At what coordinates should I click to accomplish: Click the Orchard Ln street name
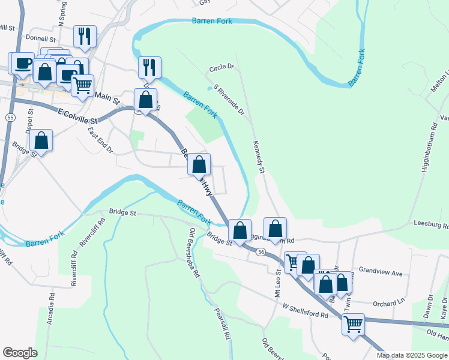point(389,303)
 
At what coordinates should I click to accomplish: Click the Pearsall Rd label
point(223,324)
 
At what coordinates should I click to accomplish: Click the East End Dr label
point(100,140)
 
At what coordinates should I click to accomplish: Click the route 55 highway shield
point(10,118)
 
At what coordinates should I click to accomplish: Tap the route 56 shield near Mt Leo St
point(261,252)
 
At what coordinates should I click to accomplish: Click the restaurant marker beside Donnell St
point(85,35)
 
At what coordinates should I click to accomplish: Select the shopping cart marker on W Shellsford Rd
point(353,324)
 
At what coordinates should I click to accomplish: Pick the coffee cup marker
point(23,62)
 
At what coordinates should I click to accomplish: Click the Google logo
point(20,353)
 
